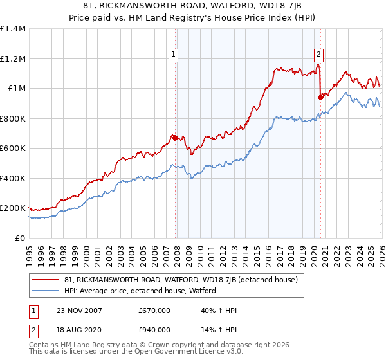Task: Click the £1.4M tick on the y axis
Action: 13,29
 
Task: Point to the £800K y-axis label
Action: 13,118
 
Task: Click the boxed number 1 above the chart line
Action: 174,55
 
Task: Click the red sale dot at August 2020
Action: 320,97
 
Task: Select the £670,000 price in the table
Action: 155,310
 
